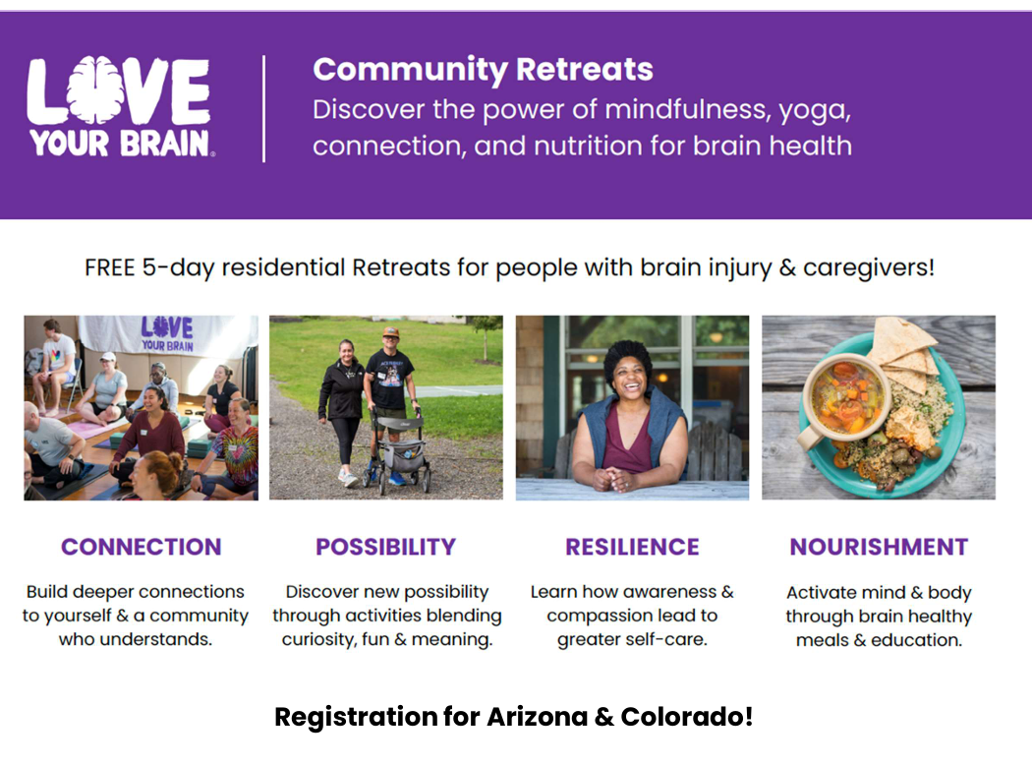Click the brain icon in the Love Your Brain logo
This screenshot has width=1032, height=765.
click(96, 90)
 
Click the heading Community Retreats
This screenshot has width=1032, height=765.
click(483, 70)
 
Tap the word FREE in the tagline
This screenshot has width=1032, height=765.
click(109, 268)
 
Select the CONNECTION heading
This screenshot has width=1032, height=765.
click(142, 547)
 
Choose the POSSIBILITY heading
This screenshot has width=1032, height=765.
click(385, 547)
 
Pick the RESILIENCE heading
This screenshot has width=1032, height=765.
click(632, 547)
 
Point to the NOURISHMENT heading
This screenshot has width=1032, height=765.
click(879, 547)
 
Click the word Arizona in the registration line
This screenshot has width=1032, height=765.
click(537, 716)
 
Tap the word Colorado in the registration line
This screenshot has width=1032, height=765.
click(686, 716)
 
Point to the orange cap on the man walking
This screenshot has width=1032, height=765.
click(391, 331)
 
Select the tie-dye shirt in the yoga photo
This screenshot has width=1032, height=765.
click(236, 454)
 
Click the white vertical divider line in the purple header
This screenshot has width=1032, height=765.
click(264, 108)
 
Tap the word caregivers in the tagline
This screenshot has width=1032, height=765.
click(869, 268)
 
